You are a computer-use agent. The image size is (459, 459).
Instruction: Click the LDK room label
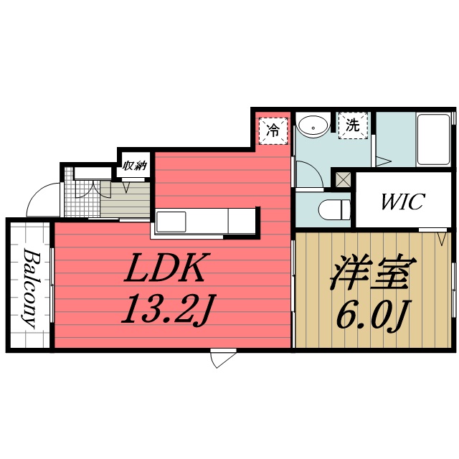pos(167,269)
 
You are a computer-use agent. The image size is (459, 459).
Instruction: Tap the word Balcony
pos(29,287)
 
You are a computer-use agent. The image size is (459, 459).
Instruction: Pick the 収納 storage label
pos(134,166)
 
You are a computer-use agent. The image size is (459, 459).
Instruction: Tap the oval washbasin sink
pos(313,128)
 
